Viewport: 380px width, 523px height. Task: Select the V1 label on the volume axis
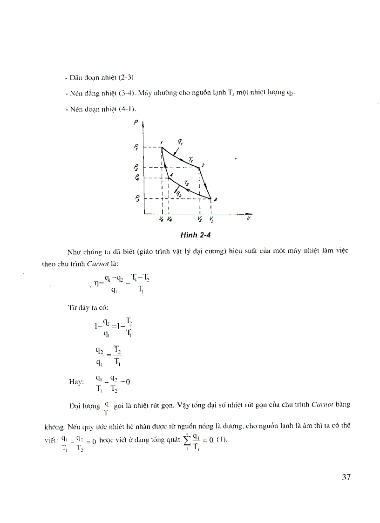pyautogui.click(x=161, y=219)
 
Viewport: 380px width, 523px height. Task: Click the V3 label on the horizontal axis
pyautogui.click(x=212, y=219)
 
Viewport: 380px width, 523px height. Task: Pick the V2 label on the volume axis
pyautogui.click(x=199, y=219)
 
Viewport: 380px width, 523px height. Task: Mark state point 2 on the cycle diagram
pyautogui.click(x=199, y=167)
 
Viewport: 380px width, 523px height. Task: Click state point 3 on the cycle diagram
pyautogui.click(x=211, y=198)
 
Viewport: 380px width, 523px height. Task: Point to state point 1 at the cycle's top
pyautogui.click(x=162, y=147)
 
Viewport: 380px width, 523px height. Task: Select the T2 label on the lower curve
pyautogui.click(x=186, y=183)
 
